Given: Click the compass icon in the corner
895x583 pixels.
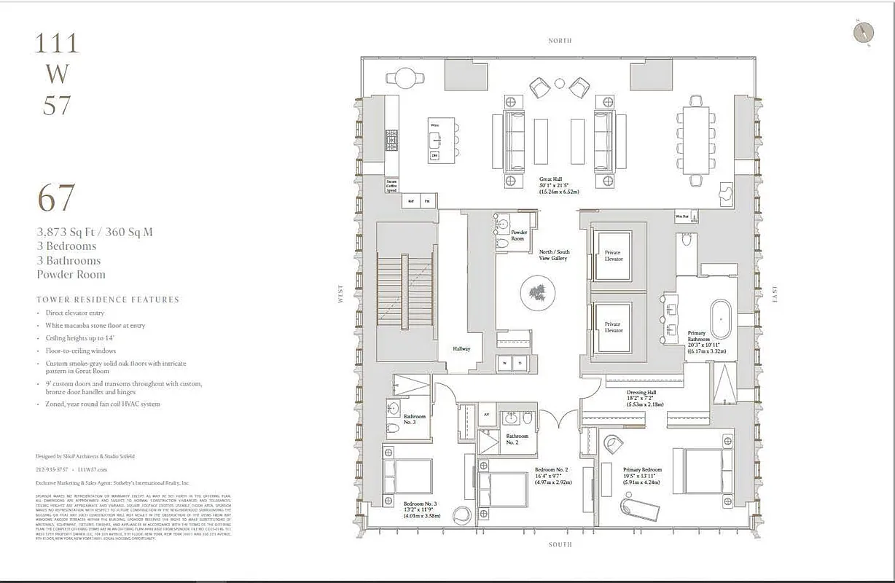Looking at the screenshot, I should tap(863, 33).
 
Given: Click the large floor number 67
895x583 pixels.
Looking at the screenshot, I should tap(56, 198).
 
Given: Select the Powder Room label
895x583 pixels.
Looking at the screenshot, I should tap(518, 235).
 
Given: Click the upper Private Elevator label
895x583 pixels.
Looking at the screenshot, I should tap(612, 255).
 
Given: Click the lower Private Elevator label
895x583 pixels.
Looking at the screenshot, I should tap(612, 327).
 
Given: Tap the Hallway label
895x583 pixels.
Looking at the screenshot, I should tap(461, 348).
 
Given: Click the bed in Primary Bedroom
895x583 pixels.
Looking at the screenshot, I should tap(706, 470).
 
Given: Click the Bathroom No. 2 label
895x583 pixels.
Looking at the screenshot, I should tap(517, 439).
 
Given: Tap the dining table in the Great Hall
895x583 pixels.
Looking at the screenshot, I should tap(695, 140).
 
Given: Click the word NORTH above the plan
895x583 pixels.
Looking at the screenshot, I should tap(560, 41).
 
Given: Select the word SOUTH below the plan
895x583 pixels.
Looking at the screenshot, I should tap(560, 544).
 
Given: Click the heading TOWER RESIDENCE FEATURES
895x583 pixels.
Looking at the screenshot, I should tap(108, 300).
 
